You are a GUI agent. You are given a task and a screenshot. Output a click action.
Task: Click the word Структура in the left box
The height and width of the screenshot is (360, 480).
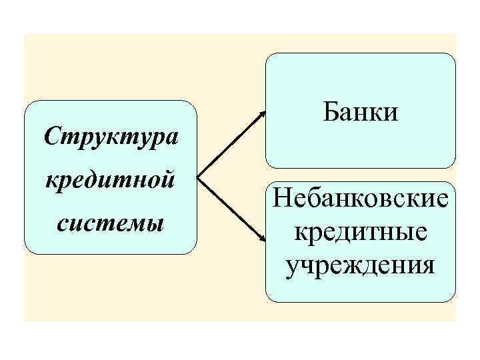tap(110, 137)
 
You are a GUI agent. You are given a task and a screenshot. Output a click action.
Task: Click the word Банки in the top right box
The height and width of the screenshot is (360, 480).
tap(361, 111)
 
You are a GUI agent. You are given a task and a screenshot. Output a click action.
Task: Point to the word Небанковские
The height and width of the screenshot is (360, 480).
tap(361, 198)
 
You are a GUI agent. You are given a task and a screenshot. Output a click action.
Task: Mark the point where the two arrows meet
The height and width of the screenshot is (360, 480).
tap(199, 178)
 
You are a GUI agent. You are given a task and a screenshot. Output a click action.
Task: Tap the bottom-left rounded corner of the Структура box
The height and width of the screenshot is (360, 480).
tap(29, 249)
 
